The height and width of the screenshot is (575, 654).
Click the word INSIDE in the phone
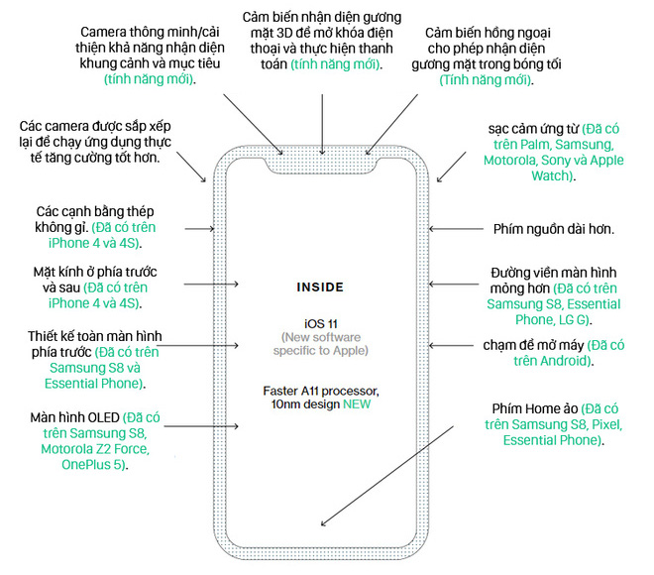(320, 287)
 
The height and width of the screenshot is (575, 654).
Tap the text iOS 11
(320, 324)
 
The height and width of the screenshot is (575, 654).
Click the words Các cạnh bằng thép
(94, 212)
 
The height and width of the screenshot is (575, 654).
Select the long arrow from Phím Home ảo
(387, 475)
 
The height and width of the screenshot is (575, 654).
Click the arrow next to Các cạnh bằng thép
(197, 229)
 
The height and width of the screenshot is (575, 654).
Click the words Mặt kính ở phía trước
(94, 272)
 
